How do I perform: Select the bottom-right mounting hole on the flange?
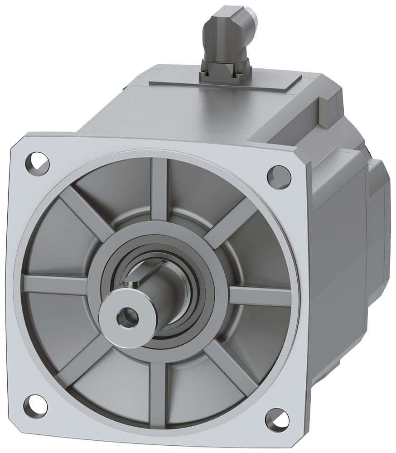pyautogui.click(x=277, y=418)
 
